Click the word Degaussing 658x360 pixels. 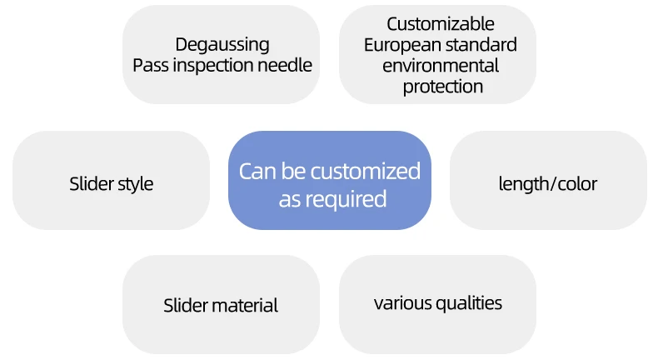coord(222,45)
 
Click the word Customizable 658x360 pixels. coord(441,24)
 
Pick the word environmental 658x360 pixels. coord(441,65)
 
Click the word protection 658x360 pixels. coord(443,86)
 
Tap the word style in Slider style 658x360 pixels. coord(135,183)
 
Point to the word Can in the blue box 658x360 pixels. coord(257,172)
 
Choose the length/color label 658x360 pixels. coord(548,183)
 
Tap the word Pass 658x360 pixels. coord(150,65)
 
